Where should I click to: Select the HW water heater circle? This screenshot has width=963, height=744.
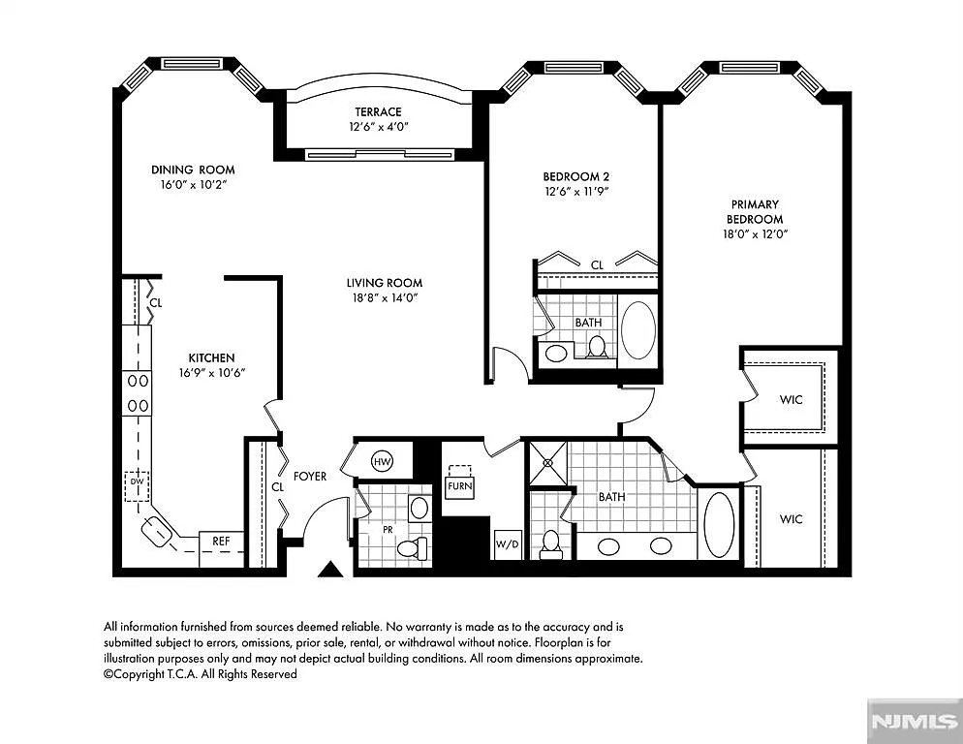click(382, 461)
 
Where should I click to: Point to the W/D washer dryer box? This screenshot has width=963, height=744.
click(507, 544)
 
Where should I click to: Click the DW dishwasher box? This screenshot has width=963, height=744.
click(137, 485)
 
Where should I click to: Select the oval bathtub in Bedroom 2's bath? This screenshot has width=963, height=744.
click(637, 330)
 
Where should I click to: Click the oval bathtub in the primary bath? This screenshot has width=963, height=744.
click(719, 524)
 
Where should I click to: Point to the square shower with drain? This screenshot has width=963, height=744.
click(547, 463)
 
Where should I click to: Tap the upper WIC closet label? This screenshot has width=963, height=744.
click(791, 400)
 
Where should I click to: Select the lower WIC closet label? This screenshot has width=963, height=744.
click(791, 519)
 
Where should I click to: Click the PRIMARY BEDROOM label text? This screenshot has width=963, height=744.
click(755, 211)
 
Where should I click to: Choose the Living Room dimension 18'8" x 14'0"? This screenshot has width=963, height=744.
click(385, 298)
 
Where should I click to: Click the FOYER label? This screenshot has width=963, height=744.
click(310, 477)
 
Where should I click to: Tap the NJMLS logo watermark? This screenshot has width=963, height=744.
click(914, 721)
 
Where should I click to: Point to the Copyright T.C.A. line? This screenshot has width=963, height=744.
click(201, 675)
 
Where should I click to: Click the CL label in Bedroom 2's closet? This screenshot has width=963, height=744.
click(597, 263)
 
